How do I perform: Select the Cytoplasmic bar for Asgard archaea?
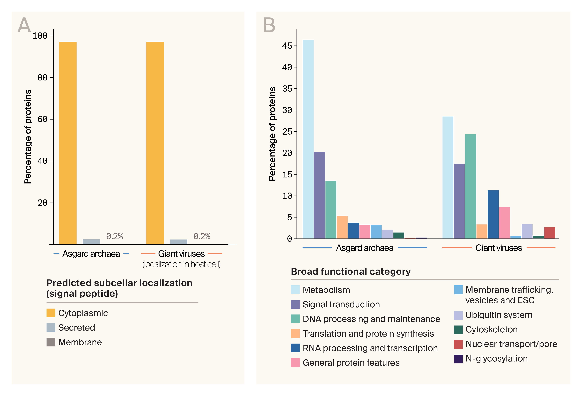tap(68, 143)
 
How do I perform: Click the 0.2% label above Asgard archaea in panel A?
tap(114, 236)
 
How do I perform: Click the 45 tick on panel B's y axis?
tap(287, 46)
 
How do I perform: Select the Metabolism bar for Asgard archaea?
tap(308, 139)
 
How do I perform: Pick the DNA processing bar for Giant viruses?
tap(470, 186)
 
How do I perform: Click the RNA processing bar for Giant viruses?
tap(493, 214)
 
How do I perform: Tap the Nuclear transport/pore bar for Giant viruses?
tap(549, 233)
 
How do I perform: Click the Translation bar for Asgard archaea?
tap(342, 227)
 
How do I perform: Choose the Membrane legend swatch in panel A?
tap(51, 342)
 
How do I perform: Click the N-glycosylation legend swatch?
tap(458, 359)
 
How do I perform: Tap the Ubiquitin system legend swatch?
tap(458, 315)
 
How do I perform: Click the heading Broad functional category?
tap(351, 271)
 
